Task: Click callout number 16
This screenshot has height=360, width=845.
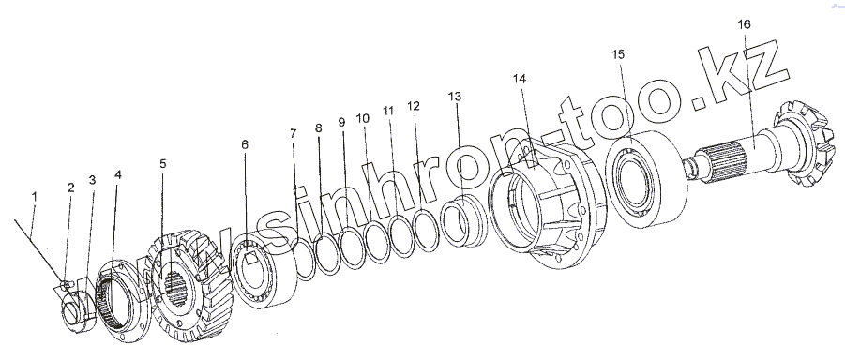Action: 744,24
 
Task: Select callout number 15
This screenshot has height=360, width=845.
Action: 618,54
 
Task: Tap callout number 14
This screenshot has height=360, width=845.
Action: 519,79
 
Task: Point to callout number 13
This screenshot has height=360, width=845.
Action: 455,97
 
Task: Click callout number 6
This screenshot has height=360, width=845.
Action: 245,144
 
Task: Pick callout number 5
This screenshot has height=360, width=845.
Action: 163,163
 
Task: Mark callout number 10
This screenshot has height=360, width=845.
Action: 363,118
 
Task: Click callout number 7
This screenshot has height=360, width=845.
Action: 294,132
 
